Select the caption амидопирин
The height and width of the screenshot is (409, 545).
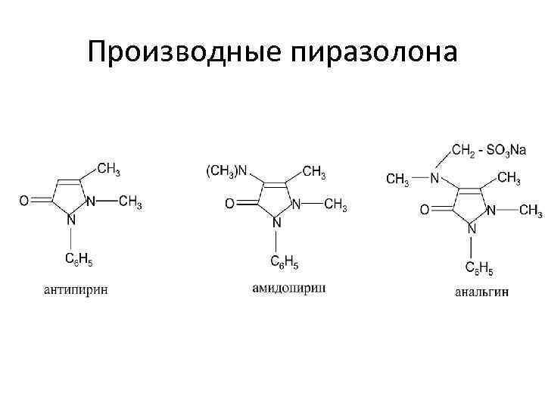(x=289, y=288)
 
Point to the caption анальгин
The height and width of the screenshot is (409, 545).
(x=482, y=291)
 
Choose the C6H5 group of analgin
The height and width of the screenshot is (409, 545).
(x=479, y=267)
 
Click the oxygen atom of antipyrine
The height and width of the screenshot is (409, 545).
(x=24, y=201)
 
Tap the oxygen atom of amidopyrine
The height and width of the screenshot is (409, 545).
(x=229, y=204)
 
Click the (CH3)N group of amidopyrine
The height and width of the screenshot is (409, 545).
(x=227, y=171)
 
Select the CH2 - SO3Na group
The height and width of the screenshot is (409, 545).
(x=488, y=151)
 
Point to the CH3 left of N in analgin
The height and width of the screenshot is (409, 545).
(x=398, y=179)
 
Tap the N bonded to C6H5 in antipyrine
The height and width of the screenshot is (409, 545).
(x=72, y=220)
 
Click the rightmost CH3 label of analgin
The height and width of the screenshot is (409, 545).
(x=530, y=210)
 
